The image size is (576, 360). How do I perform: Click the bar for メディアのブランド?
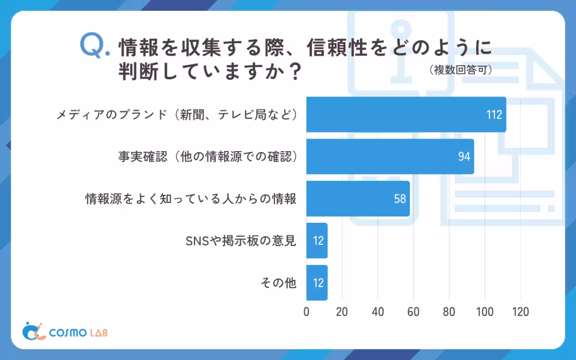pos(406,114)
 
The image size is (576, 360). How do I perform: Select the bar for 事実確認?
pos(390,156)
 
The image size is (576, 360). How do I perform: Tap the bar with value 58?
pos(358,199)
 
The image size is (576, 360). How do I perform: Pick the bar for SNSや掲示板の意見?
pos(317,240)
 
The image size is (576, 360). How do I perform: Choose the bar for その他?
pos(317,283)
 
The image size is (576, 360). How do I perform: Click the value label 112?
pos(493,115)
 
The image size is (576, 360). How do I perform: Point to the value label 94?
pos(464,157)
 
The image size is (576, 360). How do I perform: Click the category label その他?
pos(278,283)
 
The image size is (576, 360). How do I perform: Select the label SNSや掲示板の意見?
pos(240,240)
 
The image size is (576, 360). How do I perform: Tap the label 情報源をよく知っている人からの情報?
pos(191,199)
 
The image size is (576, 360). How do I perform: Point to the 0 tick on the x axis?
pos(307,312)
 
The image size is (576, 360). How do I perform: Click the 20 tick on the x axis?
pos(342,312)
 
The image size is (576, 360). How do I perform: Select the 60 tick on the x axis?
pos(413,312)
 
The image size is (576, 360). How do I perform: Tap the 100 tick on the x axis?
pos(484,312)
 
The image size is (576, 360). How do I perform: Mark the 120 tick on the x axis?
pos(520,312)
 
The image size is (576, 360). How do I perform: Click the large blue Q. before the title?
pos(94,47)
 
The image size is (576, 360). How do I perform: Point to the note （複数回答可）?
pos(461,70)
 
